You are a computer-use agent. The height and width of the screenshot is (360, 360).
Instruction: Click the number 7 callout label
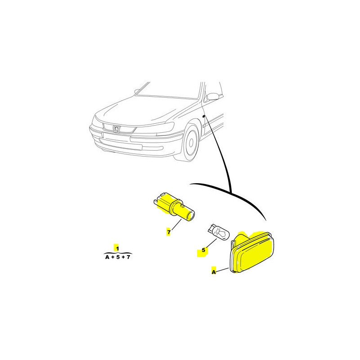pyautogui.click(x=169, y=232)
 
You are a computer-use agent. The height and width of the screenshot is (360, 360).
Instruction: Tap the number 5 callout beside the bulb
pyautogui.click(x=203, y=250)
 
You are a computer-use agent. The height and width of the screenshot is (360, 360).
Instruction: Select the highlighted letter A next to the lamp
pyautogui.click(x=214, y=272)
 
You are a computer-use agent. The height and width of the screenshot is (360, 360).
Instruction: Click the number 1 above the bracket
pyautogui.click(x=117, y=248)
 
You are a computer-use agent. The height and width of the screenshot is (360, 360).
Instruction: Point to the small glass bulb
pyautogui.click(x=219, y=232)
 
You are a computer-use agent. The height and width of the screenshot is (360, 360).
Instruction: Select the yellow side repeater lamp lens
pyautogui.click(x=252, y=252)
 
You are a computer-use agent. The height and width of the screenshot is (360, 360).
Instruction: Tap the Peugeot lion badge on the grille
pyautogui.click(x=117, y=129)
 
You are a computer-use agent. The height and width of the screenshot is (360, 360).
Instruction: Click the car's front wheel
pyautogui.click(x=189, y=142)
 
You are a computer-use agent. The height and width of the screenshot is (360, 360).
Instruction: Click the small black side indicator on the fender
pyautogui.click(x=204, y=117)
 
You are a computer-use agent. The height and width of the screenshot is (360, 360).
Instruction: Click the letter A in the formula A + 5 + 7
pyautogui.click(x=107, y=257)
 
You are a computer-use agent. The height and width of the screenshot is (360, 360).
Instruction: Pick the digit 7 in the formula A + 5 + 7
pyautogui.click(x=128, y=257)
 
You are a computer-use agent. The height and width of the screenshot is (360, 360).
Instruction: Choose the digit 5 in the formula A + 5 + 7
pyautogui.click(x=118, y=257)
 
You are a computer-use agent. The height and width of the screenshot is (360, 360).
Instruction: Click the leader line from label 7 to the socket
pyautogui.click(x=176, y=225)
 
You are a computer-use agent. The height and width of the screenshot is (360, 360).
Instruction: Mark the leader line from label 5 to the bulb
pyautogui.click(x=211, y=243)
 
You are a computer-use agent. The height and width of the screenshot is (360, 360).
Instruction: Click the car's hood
pyautogui.click(x=147, y=110)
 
